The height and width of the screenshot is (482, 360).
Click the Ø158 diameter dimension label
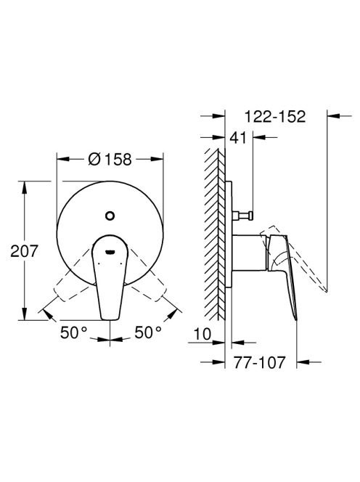110,159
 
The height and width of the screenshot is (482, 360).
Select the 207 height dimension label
24,251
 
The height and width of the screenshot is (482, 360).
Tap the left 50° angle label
74,332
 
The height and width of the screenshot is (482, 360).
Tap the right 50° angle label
148,332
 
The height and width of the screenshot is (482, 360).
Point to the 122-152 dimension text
275,116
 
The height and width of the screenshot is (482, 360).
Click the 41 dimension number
238,137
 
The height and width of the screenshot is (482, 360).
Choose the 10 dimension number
202,334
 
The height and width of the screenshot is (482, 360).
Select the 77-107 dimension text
259,362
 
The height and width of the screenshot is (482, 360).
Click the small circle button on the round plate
110,216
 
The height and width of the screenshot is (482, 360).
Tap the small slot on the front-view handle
110,252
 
